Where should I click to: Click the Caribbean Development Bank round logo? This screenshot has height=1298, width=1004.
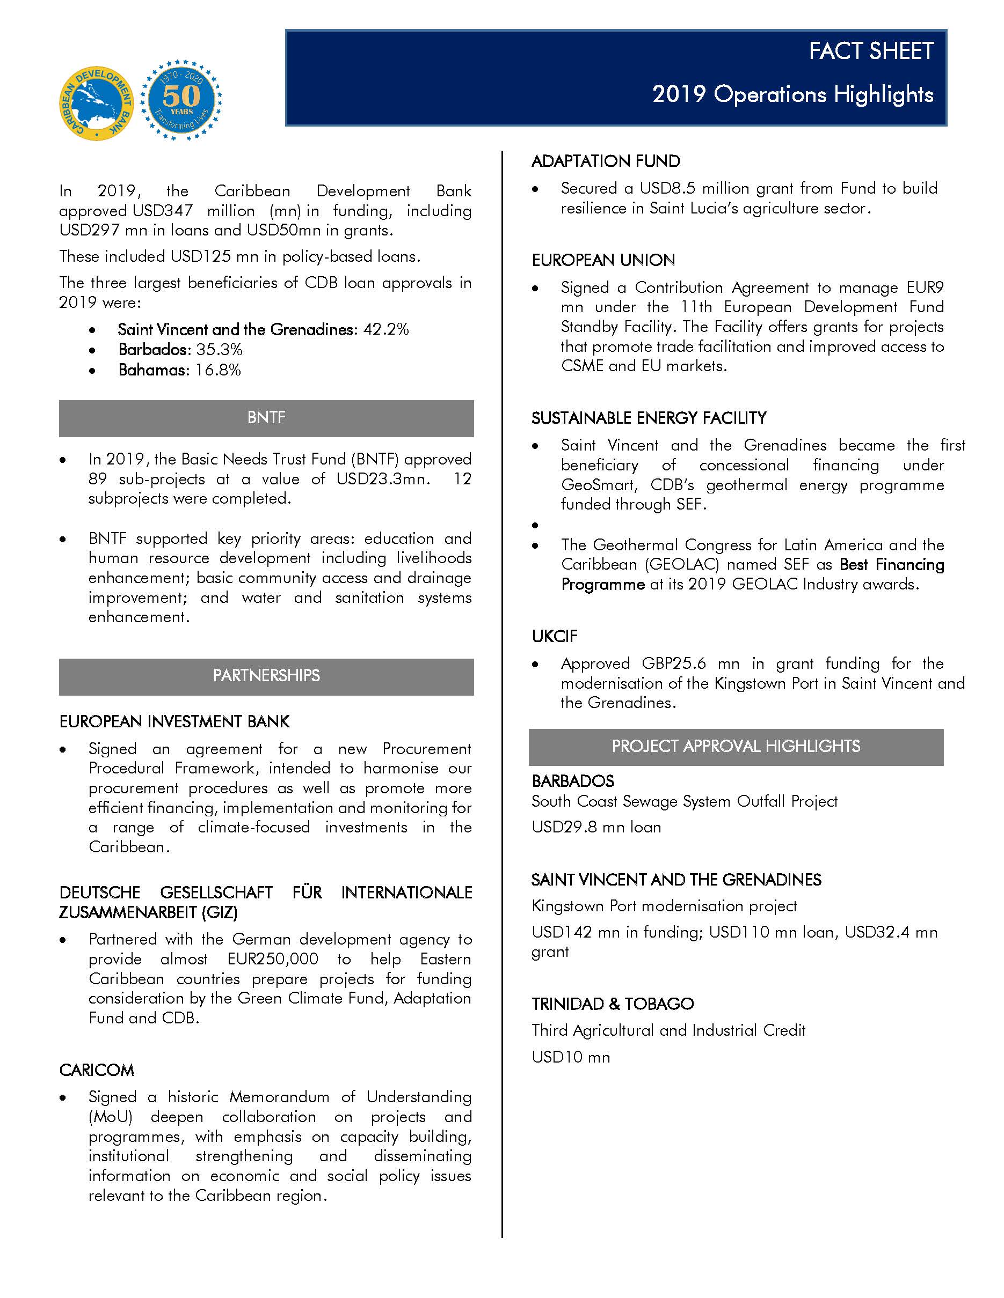pos(96,103)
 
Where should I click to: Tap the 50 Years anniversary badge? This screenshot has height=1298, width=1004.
pos(181,99)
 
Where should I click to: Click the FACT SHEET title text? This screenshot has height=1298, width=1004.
pos(871,51)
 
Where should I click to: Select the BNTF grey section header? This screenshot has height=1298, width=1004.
pos(266,418)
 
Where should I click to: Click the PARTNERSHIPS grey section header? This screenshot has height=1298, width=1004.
pos(266,676)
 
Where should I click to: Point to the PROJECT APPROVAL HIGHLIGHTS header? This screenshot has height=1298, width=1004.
pos(735,747)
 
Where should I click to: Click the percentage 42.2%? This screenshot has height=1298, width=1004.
pos(386,329)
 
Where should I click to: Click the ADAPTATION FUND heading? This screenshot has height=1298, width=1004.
pos(605,161)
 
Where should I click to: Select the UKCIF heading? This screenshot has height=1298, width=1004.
pos(554,637)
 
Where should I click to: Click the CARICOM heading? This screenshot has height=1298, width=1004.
pos(96,1071)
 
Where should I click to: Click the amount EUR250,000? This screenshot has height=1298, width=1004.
pos(272,959)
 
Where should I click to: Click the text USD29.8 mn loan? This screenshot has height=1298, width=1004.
pos(596,827)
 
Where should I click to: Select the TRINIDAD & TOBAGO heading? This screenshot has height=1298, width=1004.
pos(612,1004)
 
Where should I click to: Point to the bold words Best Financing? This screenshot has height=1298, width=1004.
pos(892,565)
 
